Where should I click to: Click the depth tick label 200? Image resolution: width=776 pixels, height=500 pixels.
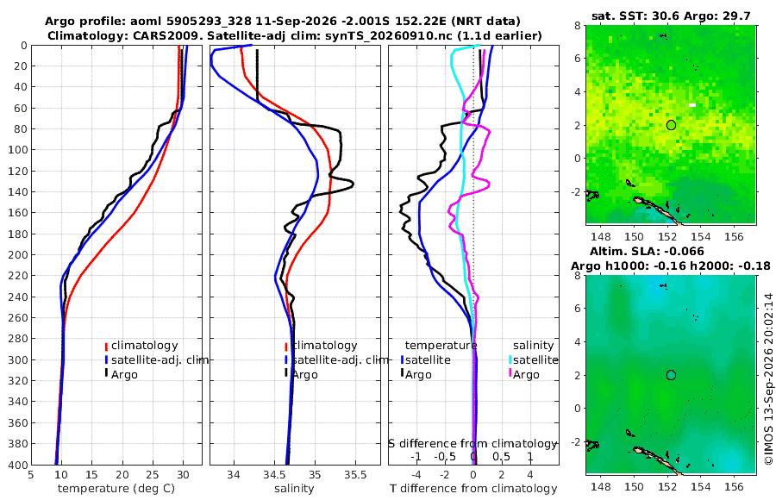coord(18,255)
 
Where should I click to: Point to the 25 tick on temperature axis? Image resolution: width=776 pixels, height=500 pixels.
coord(153,475)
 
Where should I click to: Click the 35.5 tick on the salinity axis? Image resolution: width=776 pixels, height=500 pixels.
coord(355,475)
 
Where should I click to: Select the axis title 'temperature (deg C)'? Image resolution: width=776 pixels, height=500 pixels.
coord(116,489)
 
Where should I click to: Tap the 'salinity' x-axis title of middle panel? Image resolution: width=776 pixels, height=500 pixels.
coord(294,489)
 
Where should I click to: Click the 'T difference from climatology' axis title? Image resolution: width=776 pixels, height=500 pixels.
coord(473,489)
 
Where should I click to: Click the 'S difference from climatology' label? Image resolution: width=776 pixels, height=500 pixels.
coord(473,444)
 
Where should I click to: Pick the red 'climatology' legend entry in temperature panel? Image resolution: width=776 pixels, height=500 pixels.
coord(144,346)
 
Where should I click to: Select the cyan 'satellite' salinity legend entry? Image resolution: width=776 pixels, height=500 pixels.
coord(535,359)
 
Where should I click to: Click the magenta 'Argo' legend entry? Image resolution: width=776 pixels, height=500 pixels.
coord(525,374)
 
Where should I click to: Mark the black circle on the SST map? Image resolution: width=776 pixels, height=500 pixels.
coord(671,125)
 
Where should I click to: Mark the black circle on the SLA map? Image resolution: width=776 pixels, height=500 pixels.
coord(671,375)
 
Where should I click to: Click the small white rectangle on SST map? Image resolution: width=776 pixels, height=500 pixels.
coord(692,105)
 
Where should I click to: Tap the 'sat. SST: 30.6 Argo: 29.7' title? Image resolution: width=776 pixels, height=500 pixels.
coord(671,16)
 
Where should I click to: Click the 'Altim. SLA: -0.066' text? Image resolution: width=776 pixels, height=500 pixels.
coord(647,251)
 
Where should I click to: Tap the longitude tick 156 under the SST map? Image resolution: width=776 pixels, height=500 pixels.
coord(734,236)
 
